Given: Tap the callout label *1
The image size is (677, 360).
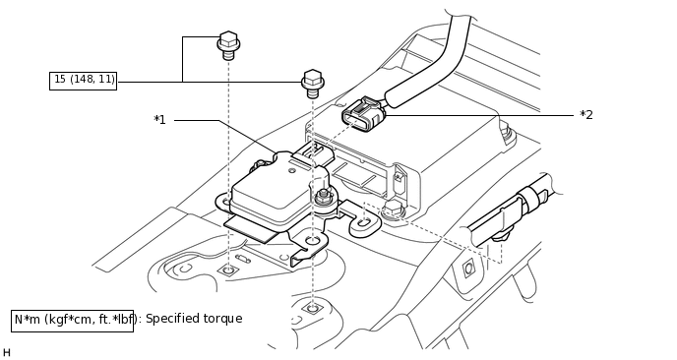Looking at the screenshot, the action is tap(159, 120).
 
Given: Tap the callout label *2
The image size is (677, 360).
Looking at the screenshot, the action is tap(586, 115).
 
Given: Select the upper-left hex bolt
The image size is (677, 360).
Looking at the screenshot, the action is tap(228, 45).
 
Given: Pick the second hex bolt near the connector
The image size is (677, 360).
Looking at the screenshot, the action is tap(313, 84).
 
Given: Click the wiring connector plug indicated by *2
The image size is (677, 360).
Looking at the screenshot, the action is tap(363, 114).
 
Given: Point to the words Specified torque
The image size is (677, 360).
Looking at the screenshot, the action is tap(194, 319).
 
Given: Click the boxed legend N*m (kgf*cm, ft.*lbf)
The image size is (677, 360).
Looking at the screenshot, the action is tap(72, 321).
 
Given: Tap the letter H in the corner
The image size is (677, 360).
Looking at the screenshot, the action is tap(7, 353).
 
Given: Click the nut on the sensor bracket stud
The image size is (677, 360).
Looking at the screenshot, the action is tap(321, 198).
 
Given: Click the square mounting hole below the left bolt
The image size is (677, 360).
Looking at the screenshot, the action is tap(228, 270).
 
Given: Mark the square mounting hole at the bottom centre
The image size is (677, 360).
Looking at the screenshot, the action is tap(312, 308).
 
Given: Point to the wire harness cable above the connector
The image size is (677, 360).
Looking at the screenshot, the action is tap(432, 60).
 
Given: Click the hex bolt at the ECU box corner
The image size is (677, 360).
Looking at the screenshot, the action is tap(393, 210).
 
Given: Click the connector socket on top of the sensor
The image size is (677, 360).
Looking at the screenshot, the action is tap(314, 153).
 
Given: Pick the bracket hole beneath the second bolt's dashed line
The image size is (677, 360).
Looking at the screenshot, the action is tap(312, 240).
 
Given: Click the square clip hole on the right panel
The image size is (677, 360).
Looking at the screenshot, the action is tap(469, 269).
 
